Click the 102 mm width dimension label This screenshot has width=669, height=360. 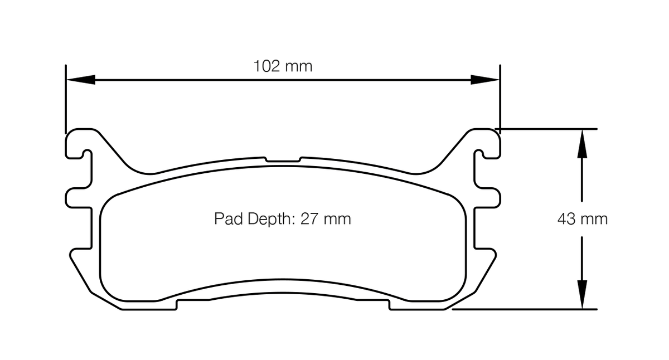(x=283, y=66)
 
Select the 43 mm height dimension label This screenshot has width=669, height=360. (x=583, y=219)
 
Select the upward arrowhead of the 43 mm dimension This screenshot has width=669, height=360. (x=582, y=143)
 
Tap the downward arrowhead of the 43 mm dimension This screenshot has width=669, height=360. (x=582, y=295)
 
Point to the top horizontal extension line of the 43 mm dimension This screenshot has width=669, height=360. (x=549, y=129)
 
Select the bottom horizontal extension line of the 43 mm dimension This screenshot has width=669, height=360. (x=524, y=309)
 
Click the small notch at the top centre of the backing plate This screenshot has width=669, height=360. (x=283, y=159)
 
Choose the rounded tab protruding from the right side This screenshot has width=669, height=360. (x=488, y=197)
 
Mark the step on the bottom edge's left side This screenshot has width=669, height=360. (x=177, y=304)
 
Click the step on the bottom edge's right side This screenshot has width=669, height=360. (x=389, y=304)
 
